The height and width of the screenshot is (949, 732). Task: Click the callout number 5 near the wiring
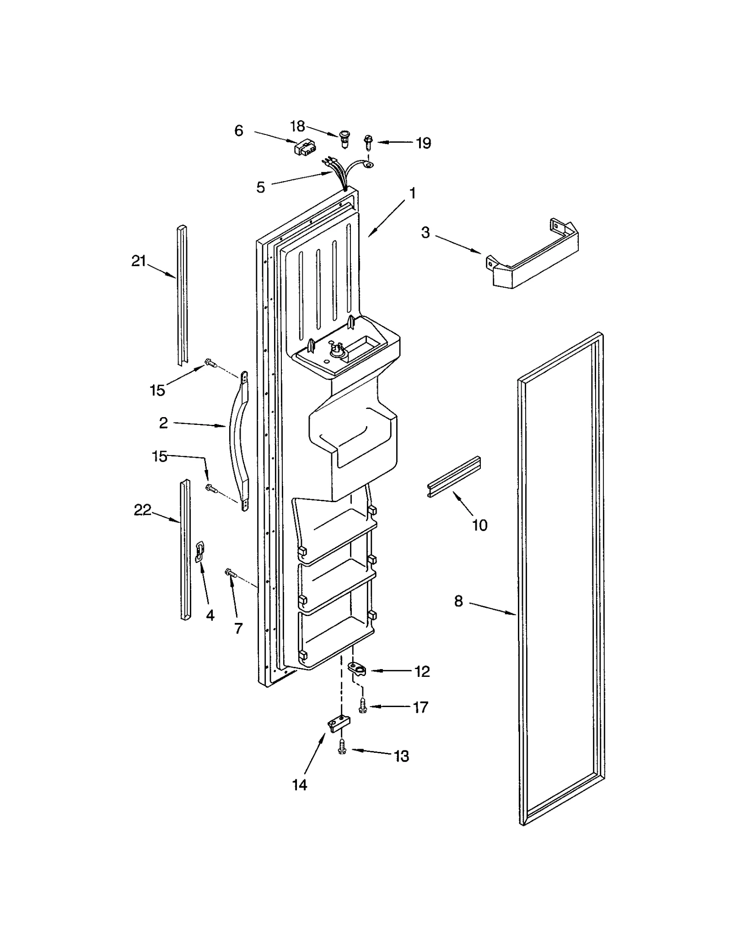[x=260, y=187]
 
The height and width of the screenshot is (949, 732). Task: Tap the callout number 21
[x=138, y=261]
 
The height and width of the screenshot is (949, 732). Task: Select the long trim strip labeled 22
[x=185, y=549]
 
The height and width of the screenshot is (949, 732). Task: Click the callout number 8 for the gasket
[x=458, y=601]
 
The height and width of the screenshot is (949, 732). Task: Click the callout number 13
[x=401, y=756]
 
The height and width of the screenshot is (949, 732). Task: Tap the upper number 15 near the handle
[x=157, y=390]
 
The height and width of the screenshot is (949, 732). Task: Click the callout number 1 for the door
[x=412, y=193]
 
